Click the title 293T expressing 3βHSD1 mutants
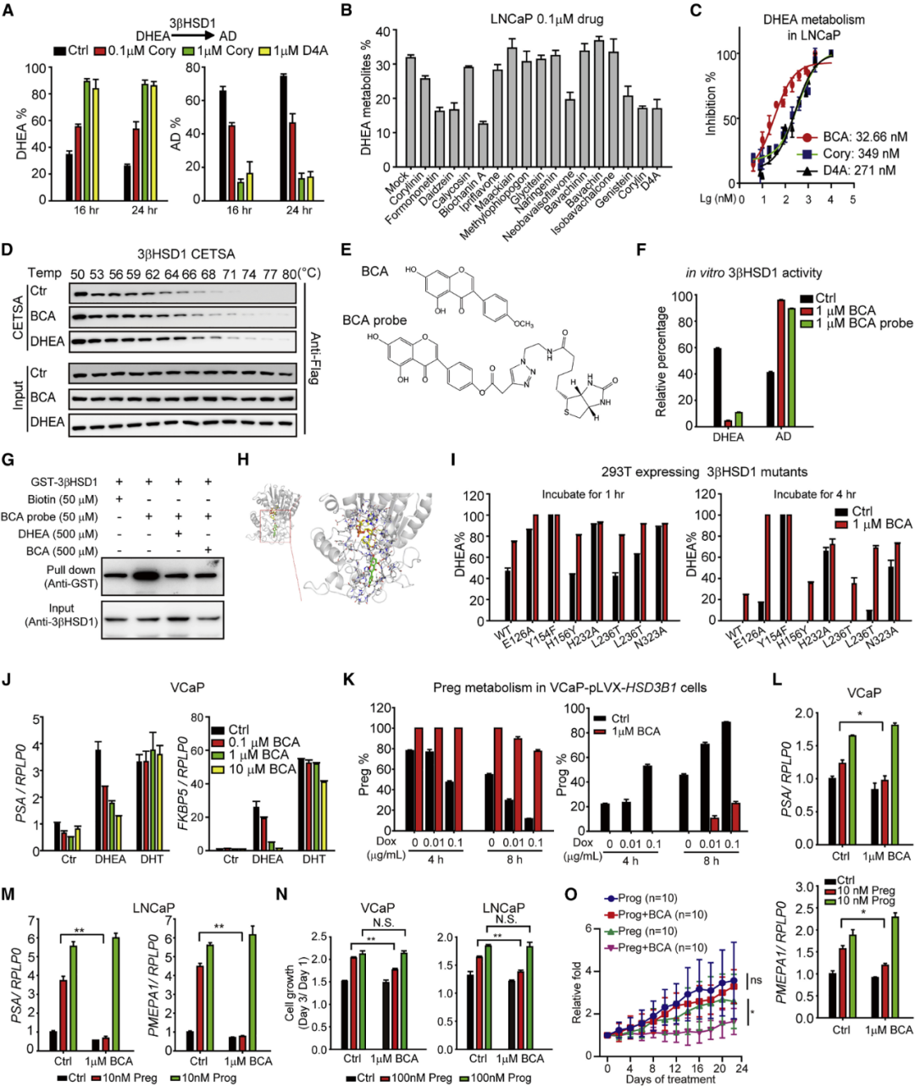[x=675, y=471]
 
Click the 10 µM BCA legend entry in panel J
[x=261, y=769]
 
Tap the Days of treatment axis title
[x=670, y=1079]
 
